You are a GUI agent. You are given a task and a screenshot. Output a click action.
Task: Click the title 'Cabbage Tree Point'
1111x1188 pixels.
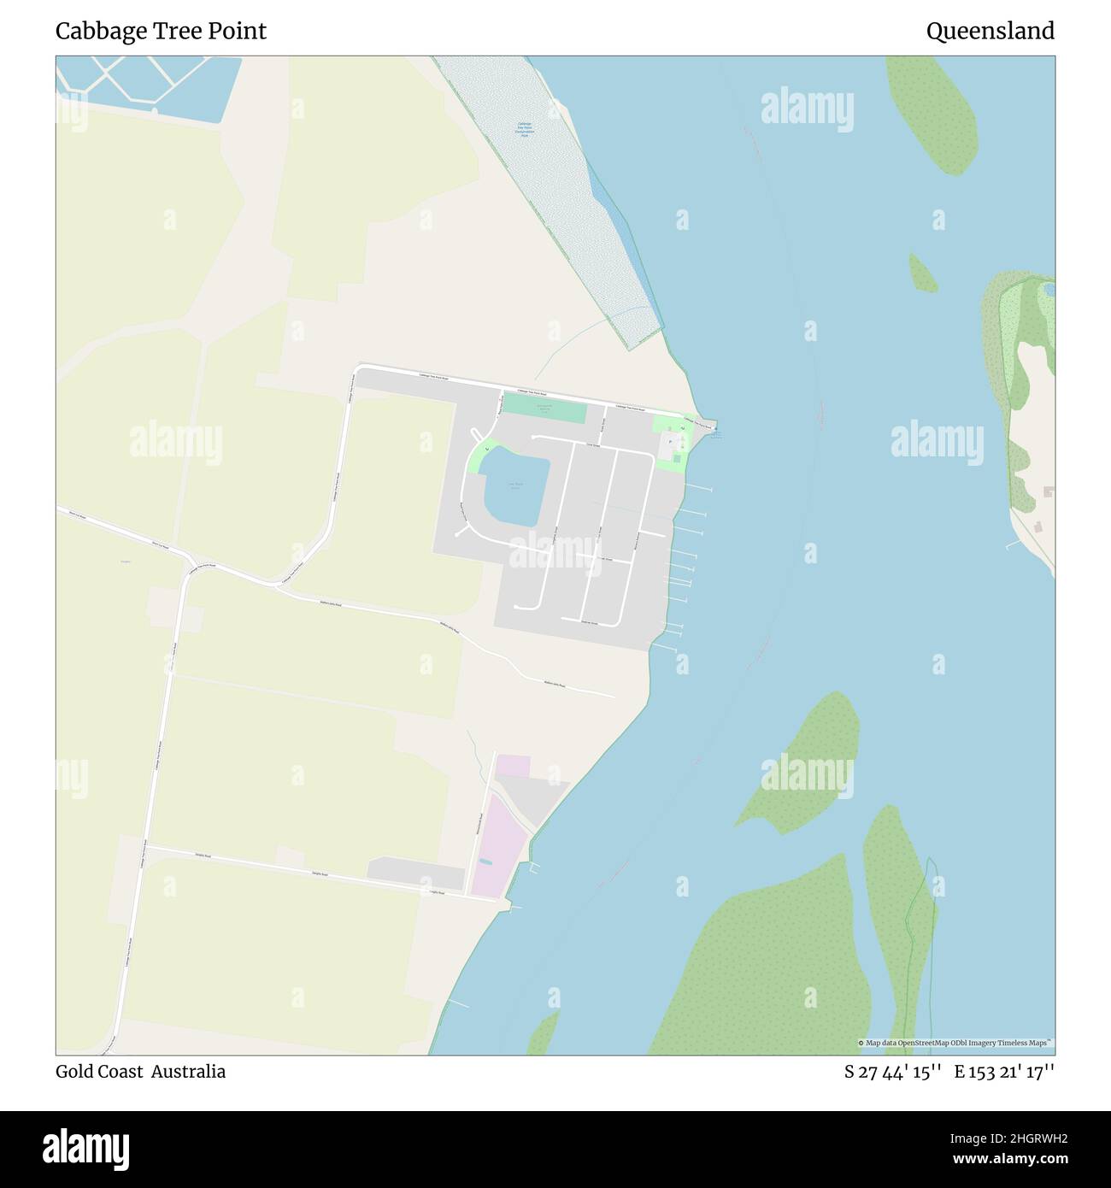[x=161, y=32]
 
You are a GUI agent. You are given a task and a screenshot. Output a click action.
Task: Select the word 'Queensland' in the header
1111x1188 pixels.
[x=990, y=32]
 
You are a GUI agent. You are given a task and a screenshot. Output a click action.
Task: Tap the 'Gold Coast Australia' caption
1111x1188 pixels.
[x=140, y=1072]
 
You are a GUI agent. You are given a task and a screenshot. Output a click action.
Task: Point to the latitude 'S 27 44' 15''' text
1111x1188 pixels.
[x=893, y=1072]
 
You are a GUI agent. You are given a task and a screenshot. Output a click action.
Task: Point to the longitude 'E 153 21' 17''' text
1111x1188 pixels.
[x=1004, y=1072]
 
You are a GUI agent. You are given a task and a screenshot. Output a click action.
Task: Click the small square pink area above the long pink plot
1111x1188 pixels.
[x=513, y=766]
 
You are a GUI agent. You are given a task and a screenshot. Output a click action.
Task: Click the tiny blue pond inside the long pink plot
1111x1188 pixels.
[x=485, y=862]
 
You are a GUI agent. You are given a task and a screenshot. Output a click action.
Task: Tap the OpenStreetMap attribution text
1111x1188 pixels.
[x=955, y=1043]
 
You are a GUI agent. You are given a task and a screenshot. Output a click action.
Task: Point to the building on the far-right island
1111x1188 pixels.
[x=1048, y=493]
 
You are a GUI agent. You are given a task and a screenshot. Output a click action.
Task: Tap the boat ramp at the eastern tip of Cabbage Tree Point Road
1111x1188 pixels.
[x=711, y=426]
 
